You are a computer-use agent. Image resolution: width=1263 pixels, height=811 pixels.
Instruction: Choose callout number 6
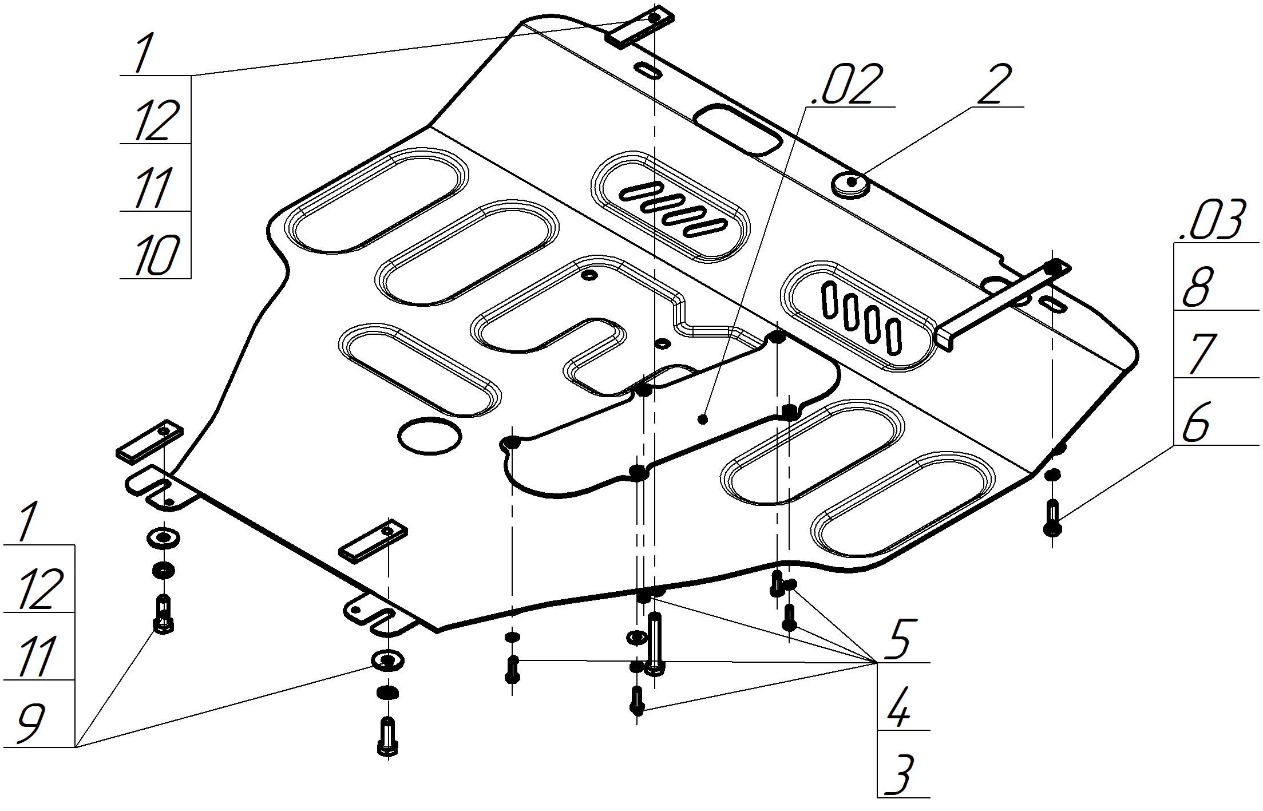1197,422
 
